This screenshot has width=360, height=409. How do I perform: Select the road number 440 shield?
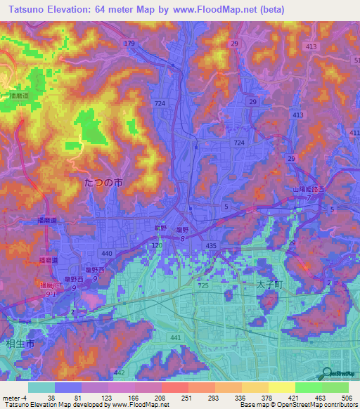click(106, 252)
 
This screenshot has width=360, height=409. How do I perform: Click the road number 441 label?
click(176, 338)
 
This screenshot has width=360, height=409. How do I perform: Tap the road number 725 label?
click(203, 286)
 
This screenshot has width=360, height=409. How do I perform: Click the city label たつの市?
click(103, 181)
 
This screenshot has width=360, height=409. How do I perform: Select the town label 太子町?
click(269, 285)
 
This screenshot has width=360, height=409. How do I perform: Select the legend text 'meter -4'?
click(15, 398)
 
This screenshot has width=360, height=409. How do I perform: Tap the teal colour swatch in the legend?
click(41, 387)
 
